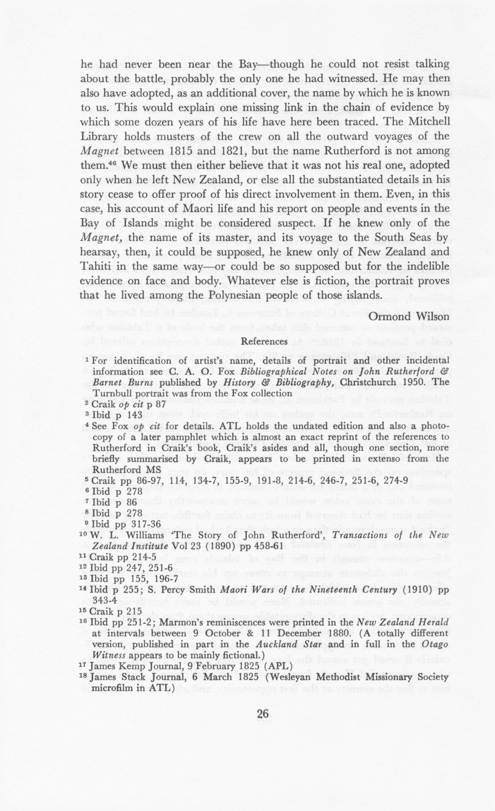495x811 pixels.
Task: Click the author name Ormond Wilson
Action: [409, 317]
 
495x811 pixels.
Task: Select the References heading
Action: [264, 341]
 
